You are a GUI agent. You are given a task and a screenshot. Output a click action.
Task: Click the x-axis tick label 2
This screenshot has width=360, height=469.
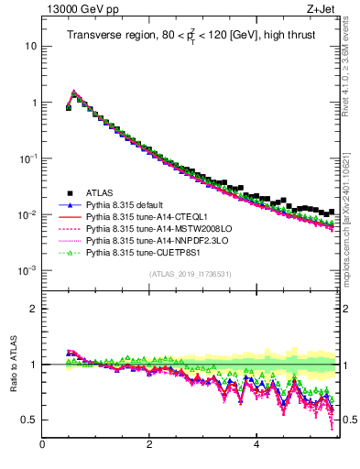[x=149, y=446]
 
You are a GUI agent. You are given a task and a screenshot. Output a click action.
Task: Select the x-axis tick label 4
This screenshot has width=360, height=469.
[x=256, y=446]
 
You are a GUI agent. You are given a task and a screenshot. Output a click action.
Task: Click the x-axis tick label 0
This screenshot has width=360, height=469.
[x=42, y=446]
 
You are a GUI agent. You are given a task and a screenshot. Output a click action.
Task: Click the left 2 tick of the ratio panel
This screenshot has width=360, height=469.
[x=33, y=309]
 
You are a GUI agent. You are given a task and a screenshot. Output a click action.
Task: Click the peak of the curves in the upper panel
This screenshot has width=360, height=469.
[x=74, y=92]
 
